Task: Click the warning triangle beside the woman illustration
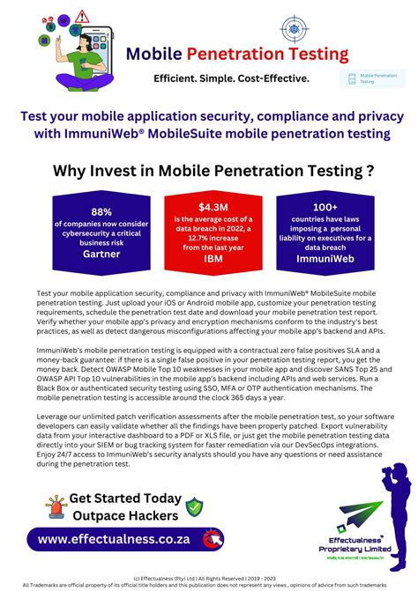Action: click(x=82, y=16)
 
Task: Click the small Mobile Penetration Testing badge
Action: click(x=373, y=79)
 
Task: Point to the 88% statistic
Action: click(x=101, y=211)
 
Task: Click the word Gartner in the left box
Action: click(x=101, y=252)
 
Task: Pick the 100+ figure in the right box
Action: click(x=325, y=205)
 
